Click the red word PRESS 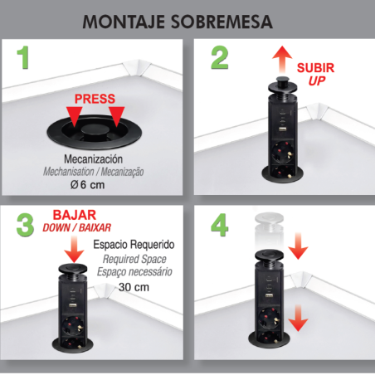[x=95, y=99]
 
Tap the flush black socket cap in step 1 [x=94, y=130]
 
